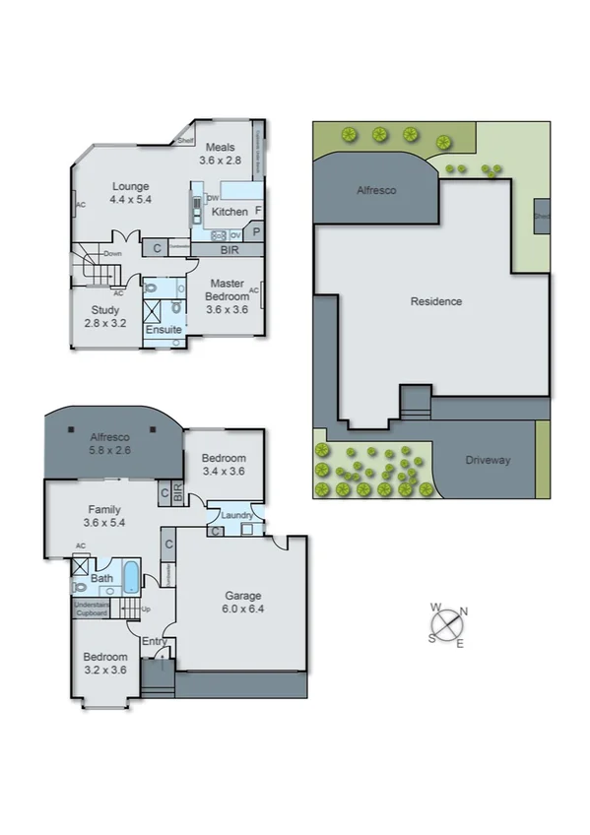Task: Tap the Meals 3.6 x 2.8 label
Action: [x=220, y=154]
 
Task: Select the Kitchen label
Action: [x=229, y=212]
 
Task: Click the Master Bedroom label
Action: [x=226, y=290]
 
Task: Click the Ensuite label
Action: [x=164, y=329]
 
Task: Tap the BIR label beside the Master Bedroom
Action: [x=229, y=250]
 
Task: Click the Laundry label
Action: [x=238, y=515]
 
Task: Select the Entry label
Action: [x=153, y=642]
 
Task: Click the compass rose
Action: [x=447, y=625]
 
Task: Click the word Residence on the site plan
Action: [x=435, y=301]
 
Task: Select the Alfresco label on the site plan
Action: [x=375, y=191]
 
